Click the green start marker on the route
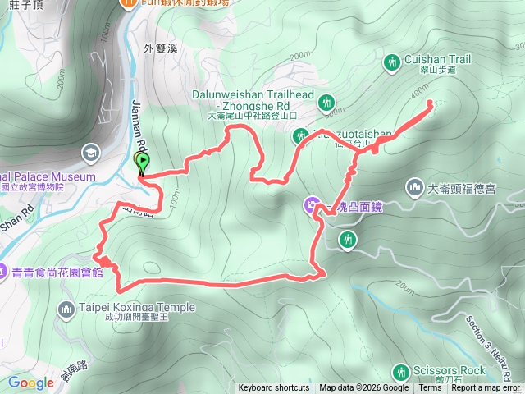141,163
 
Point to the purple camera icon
312,205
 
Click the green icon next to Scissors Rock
400,371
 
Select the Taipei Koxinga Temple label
137,308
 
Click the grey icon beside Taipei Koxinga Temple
66,309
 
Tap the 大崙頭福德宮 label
473,189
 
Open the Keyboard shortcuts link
274,388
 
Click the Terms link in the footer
430,388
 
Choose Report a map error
486,388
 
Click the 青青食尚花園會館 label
57,271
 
